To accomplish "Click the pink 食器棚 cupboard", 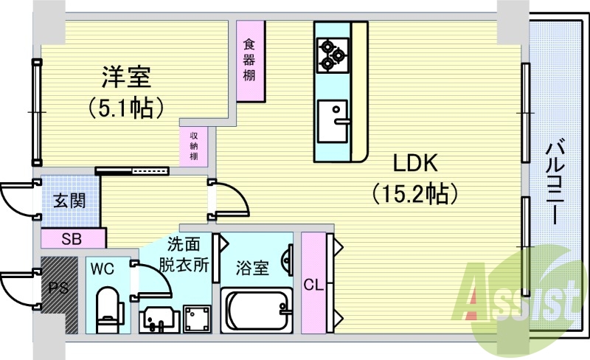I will click(251, 61).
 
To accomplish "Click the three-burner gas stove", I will click(331, 54).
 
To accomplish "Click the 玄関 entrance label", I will click(68, 200).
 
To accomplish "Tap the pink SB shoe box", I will click(72, 238).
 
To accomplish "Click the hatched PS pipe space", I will click(58, 292).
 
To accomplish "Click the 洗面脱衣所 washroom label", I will click(187, 255).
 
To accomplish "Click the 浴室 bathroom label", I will click(252, 268).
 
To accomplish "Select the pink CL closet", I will click(313, 283).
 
